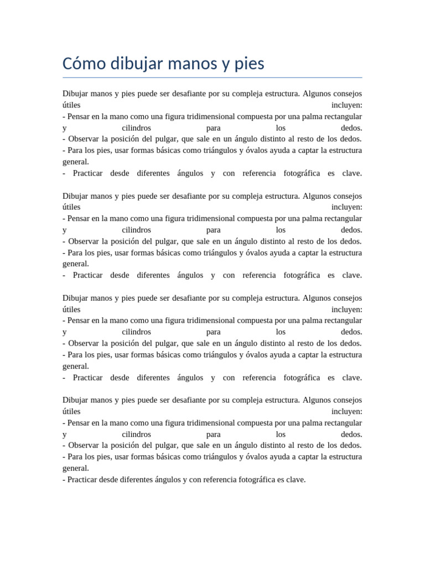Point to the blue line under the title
[212, 78]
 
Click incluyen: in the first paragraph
[347, 105]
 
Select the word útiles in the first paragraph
[71, 105]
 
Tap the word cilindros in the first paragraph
[136, 128]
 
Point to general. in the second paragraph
[76, 264]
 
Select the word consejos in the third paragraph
[346, 298]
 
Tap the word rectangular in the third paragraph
[339, 321]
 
